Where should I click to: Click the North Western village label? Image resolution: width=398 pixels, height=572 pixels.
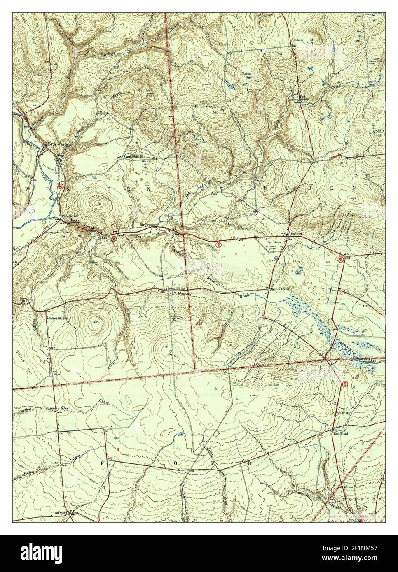click(59, 144)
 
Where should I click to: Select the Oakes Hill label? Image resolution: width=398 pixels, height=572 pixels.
click(247, 76)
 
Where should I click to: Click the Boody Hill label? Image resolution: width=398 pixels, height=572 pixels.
click(200, 141)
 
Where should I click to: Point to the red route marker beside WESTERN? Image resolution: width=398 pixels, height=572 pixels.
click(61, 186)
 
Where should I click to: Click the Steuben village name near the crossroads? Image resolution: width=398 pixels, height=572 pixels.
click(297, 233)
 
